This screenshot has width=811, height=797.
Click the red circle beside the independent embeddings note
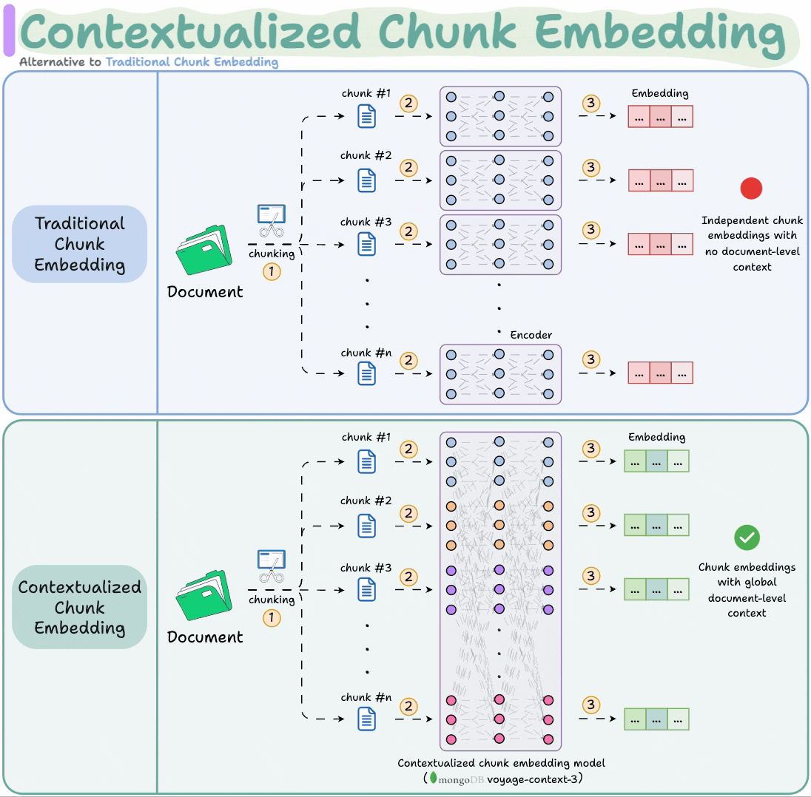(751, 189)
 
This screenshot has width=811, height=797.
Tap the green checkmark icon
(747, 537)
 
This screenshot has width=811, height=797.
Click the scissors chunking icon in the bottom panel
(271, 566)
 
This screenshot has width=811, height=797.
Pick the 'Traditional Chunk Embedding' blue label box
(80, 244)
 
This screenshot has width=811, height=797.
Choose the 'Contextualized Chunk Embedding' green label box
(80, 607)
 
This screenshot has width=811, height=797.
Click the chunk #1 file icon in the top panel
(367, 116)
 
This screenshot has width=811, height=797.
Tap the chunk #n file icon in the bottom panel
(367, 719)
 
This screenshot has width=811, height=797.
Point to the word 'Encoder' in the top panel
(531, 335)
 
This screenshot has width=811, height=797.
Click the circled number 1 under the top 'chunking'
(272, 272)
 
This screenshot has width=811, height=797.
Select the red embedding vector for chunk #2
(661, 180)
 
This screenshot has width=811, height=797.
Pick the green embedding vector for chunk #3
(656, 589)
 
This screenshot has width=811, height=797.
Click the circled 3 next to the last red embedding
(590, 359)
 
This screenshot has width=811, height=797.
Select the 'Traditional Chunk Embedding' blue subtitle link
(192, 62)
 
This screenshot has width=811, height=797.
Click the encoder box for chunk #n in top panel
(500, 374)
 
